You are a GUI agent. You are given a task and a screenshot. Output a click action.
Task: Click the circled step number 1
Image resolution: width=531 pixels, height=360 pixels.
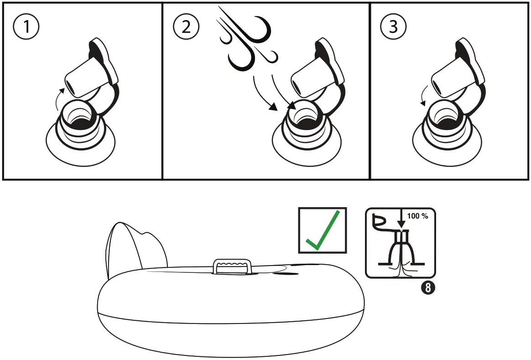[26, 27]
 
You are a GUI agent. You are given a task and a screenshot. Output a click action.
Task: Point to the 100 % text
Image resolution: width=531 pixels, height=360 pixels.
[418, 216]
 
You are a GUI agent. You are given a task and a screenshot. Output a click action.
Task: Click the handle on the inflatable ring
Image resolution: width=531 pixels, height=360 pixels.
[233, 266]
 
